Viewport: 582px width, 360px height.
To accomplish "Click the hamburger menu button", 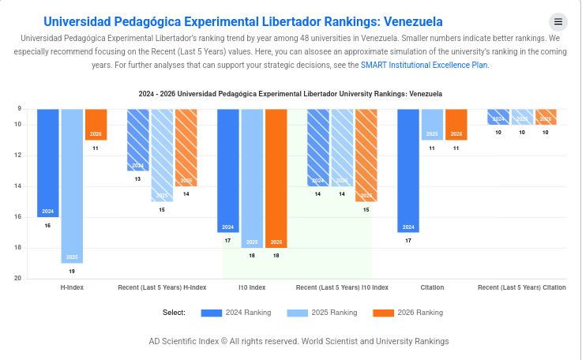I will (x=558, y=22).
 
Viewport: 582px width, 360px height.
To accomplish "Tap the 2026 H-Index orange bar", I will (x=96, y=125).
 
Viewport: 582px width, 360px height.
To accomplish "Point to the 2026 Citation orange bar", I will (x=456, y=125).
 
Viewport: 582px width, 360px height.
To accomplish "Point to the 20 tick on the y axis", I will (x=17, y=279).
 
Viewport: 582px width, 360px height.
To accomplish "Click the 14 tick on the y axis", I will (x=17, y=186).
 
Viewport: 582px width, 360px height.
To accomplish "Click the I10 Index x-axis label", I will (x=252, y=287).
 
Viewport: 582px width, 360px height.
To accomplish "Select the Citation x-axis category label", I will (x=432, y=287).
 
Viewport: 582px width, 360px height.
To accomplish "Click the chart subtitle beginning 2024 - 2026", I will (x=291, y=94).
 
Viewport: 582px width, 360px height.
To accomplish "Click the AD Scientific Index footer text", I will (x=299, y=341).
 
